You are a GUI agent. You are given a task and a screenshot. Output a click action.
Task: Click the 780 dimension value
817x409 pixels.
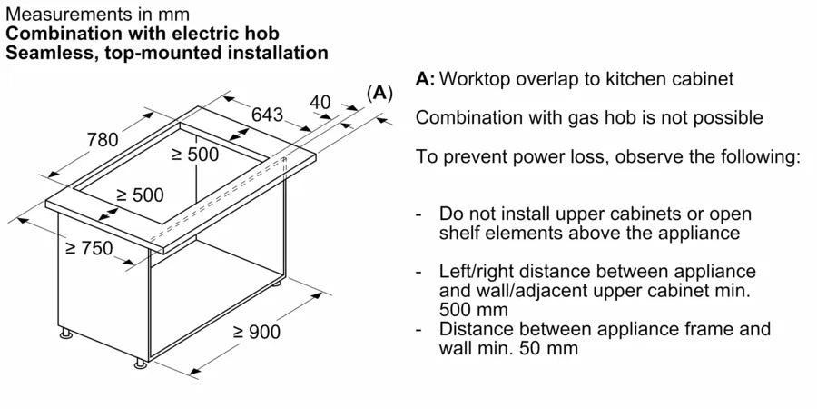tap(103, 140)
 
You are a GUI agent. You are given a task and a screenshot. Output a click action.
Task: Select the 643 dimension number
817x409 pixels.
tap(267, 115)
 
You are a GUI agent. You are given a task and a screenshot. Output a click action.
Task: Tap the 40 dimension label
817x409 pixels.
tap(320, 102)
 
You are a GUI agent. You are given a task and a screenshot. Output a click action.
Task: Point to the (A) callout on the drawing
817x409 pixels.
tap(379, 92)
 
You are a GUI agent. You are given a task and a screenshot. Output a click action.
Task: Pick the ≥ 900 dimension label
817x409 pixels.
tap(255, 333)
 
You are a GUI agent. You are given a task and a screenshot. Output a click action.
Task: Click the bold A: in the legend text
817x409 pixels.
tap(425, 79)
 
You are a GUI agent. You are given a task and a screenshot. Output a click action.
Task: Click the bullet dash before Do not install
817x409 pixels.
tap(418, 214)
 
